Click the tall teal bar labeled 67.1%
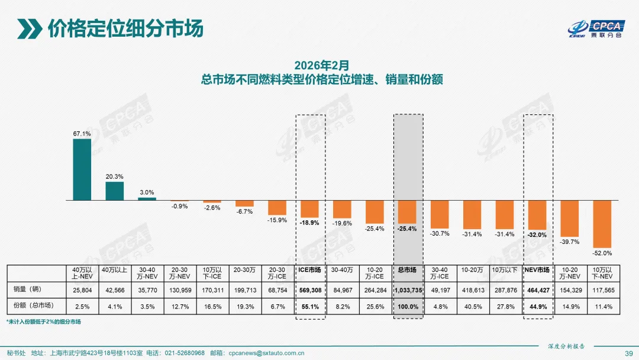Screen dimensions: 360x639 click(x=82, y=170)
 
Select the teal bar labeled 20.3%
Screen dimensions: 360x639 click(x=114, y=191)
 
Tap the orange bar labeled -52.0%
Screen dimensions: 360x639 click(x=602, y=224)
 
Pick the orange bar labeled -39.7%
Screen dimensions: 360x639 click(x=570, y=218)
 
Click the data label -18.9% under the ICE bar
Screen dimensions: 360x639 click(x=309, y=223)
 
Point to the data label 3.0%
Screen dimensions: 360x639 click(x=147, y=192)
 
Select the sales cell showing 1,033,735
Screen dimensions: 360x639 click(x=408, y=290)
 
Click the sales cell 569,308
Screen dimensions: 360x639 click(x=310, y=290)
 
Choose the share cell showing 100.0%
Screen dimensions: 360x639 click(x=408, y=307)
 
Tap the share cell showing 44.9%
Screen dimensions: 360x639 click(x=538, y=307)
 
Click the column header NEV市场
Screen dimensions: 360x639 click(x=538, y=270)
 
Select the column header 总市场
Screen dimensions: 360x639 click(x=408, y=270)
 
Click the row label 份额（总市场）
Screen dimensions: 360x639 click(x=33, y=307)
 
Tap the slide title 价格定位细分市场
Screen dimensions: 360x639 click(x=124, y=28)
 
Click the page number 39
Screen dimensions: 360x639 click(x=627, y=353)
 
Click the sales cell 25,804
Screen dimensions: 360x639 click(x=82, y=290)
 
